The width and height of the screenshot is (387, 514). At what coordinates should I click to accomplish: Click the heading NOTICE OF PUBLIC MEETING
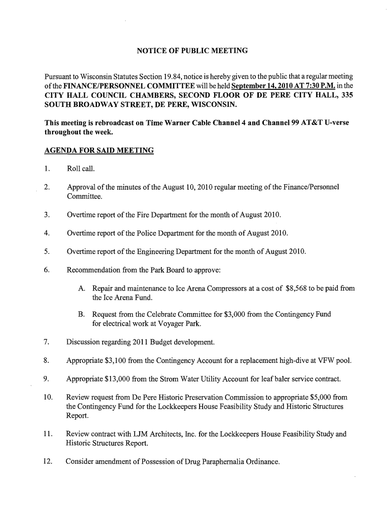tap(193, 51)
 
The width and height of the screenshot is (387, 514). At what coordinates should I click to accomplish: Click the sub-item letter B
tap(81, 315)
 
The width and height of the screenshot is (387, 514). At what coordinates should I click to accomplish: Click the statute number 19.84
tap(177, 77)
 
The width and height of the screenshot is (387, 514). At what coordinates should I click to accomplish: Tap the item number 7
tap(46, 343)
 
